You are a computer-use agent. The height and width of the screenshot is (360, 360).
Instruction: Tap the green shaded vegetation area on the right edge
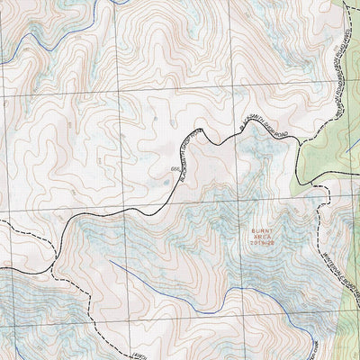[333, 135]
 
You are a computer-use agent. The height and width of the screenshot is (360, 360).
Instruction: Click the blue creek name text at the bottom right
[346, 346]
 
